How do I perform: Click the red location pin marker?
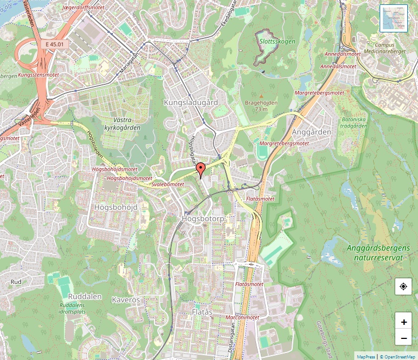pos(200,170)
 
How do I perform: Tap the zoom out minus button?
pos(403,338)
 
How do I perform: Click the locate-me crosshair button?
pos(403,286)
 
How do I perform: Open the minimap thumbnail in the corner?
pos(394,18)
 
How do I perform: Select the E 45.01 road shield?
pos(55,44)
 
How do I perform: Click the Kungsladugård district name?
pos(191,102)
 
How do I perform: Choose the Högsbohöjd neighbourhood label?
pos(116,207)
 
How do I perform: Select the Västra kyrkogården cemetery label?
pos(119,124)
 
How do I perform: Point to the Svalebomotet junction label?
pos(168,184)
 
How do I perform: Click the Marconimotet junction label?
pos(242,317)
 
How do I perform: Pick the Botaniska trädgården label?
pos(355,122)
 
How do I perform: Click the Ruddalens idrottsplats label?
pos(73,308)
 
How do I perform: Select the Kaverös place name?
pos(126,299)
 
